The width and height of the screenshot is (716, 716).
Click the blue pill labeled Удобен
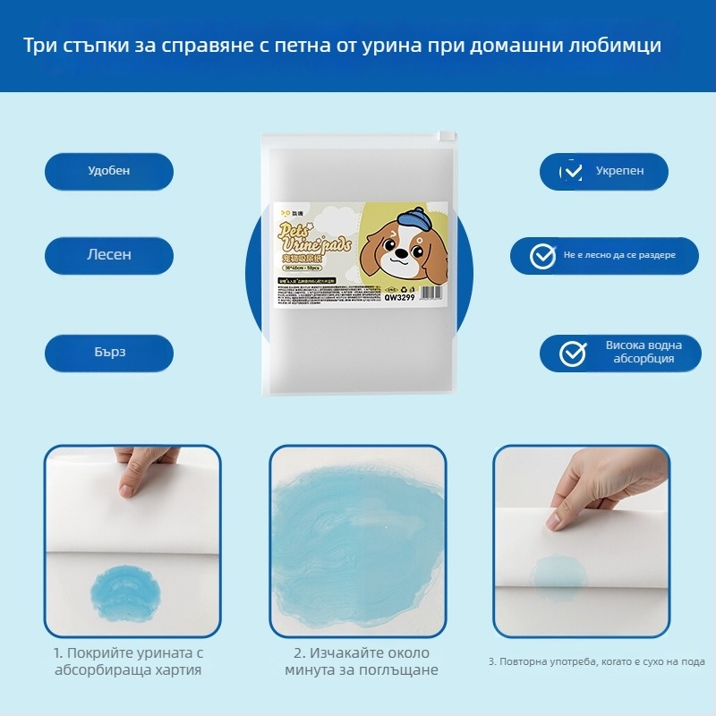pyautogui.click(x=108, y=171)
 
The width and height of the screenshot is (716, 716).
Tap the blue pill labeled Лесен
pyautogui.click(x=108, y=255)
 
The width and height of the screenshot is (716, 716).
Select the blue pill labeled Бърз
pyautogui.click(x=108, y=352)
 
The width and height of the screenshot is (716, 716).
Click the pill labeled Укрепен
pyautogui.click(x=604, y=171)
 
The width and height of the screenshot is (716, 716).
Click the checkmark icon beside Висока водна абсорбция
pyautogui.click(x=573, y=354)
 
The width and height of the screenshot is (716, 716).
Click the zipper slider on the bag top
pyautogui.click(x=442, y=136)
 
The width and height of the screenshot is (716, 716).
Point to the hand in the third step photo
pyautogui.click(x=595, y=488)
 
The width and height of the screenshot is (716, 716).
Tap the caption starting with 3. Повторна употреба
pyautogui.click(x=597, y=661)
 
